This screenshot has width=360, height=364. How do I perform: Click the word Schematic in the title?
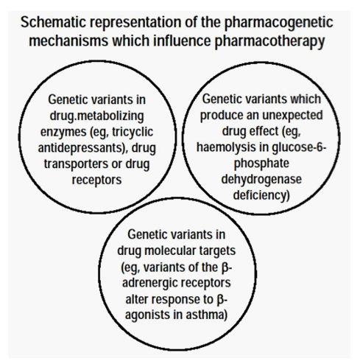pos(54,22)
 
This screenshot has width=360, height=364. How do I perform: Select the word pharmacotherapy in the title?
pos(270,41)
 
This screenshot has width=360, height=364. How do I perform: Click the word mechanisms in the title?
pos(68,41)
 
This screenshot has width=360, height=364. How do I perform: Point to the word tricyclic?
pos(133,133)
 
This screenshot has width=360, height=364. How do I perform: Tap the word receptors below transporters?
pos(96,181)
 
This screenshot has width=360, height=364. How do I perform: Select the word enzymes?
pos(63,133)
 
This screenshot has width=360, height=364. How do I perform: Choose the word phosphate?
pos(261,164)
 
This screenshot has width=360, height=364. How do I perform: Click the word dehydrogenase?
pos(261,180)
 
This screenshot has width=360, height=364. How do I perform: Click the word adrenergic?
pos(149,284)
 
